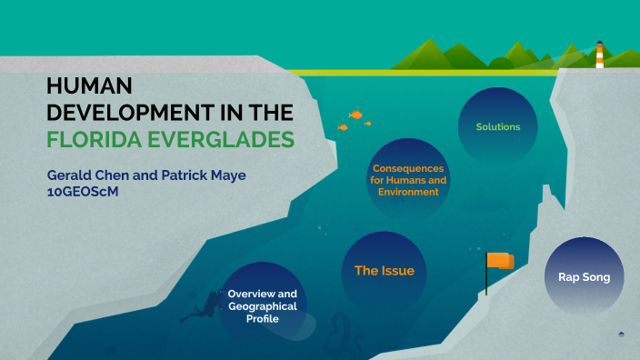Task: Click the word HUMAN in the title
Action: pyautogui.click(x=89, y=86)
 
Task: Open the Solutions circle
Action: pyautogui.click(x=497, y=126)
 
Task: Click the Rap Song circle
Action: pyautogui.click(x=584, y=276)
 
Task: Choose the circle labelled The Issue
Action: pyautogui.click(x=384, y=271)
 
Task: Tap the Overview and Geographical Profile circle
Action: pyautogui.click(x=262, y=306)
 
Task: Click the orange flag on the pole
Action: pyautogui.click(x=499, y=261)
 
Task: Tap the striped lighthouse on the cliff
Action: pyautogui.click(x=599, y=55)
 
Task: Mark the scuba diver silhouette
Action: pyautogui.click(x=201, y=308)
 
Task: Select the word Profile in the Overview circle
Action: pyautogui.click(x=262, y=320)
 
